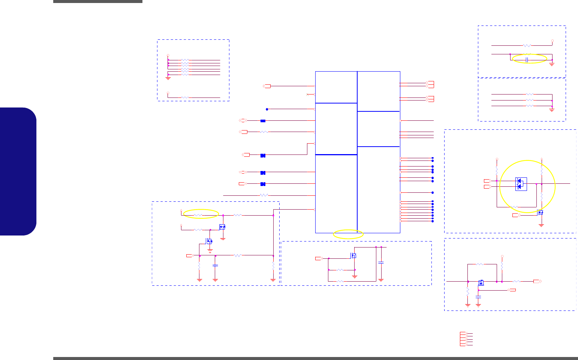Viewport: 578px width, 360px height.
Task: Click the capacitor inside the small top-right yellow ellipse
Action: (527, 60)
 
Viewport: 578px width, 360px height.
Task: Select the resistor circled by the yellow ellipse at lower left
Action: (198, 215)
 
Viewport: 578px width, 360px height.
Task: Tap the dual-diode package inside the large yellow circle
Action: (521, 184)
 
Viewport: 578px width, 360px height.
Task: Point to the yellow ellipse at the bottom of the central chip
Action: (348, 234)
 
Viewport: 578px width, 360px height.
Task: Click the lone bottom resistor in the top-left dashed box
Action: (185, 97)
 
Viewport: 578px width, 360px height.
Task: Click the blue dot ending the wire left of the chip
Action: (267, 109)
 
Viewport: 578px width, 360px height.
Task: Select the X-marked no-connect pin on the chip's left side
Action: (308, 94)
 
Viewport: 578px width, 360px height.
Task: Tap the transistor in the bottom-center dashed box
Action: (353, 256)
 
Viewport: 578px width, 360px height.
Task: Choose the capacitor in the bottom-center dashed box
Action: (381, 262)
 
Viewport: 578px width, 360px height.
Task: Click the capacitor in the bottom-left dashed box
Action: (215, 265)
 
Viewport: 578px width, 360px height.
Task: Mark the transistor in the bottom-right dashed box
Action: (481, 282)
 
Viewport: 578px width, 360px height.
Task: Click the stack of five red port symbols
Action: (464, 339)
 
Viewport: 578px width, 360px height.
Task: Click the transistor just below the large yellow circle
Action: (541, 213)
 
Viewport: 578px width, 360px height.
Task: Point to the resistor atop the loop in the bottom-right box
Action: (480, 264)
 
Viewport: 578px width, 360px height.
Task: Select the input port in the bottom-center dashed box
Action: (319, 258)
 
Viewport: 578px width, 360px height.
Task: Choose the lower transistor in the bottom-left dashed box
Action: (209, 241)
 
